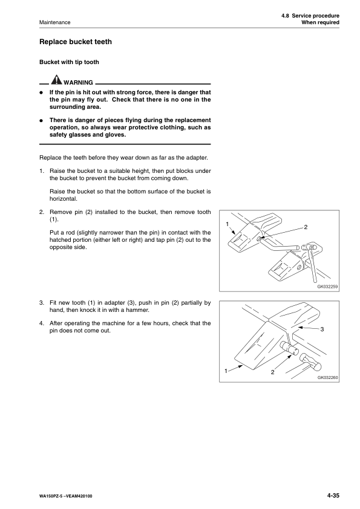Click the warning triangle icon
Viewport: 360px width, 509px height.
pyautogui.click(x=56, y=80)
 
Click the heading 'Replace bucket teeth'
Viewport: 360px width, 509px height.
pyautogui.click(x=76, y=42)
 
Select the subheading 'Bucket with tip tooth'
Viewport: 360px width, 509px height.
pyautogui.click(x=69, y=62)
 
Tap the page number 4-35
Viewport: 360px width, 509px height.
pyautogui.click(x=333, y=495)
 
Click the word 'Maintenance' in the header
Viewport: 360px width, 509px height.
pyautogui.click(x=54, y=22)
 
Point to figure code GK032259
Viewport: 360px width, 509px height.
pyautogui.click(x=327, y=287)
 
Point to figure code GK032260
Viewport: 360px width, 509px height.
pyautogui.click(x=327, y=378)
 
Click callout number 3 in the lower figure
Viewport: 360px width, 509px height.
pyautogui.click(x=322, y=329)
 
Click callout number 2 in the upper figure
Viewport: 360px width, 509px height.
pyautogui.click(x=306, y=227)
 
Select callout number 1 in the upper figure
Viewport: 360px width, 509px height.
pyautogui.click(x=227, y=224)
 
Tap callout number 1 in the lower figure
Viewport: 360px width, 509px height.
pyautogui.click(x=226, y=371)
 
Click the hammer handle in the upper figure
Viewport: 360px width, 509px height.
pyautogui.click(x=313, y=265)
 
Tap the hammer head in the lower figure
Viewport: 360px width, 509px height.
pyautogui.click(x=310, y=362)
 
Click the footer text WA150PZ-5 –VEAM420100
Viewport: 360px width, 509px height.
pyautogui.click(x=65, y=496)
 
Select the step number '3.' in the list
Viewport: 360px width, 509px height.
pyautogui.click(x=42, y=303)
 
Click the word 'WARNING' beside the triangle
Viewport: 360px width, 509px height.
pyautogui.click(x=78, y=82)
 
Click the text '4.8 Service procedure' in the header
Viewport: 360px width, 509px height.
pyautogui.click(x=310, y=16)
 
